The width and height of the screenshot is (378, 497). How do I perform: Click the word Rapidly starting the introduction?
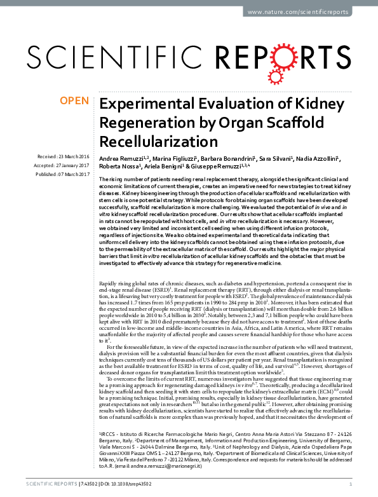point(109,280)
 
